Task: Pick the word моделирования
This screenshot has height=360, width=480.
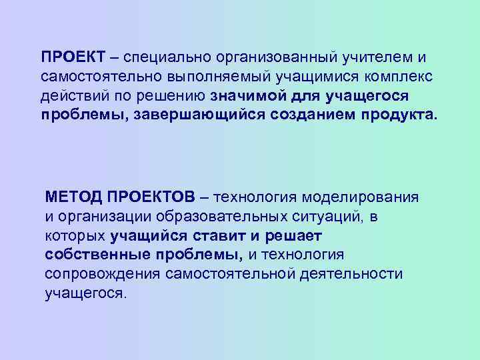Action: [360, 198]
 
